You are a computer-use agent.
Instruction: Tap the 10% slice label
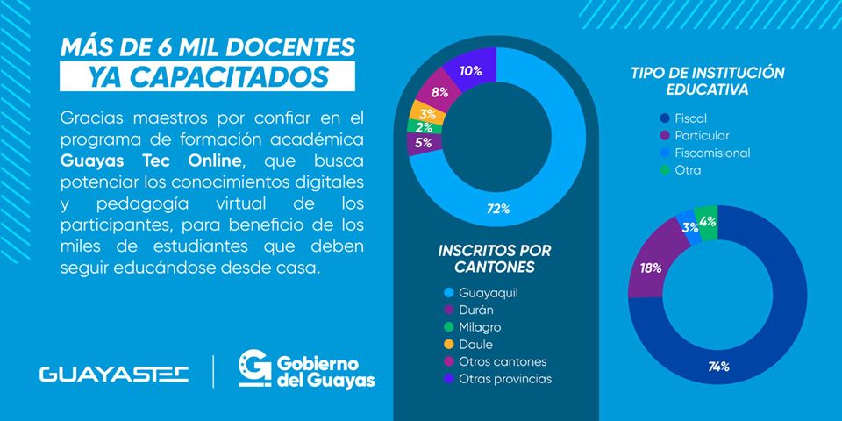(470, 70)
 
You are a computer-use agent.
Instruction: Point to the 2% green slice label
(425, 128)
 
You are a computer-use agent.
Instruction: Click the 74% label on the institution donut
(719, 367)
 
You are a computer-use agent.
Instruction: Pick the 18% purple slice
(651, 268)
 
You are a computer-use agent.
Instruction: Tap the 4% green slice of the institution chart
(708, 222)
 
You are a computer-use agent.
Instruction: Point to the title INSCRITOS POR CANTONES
(495, 258)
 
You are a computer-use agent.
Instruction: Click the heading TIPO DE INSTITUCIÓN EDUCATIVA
(707, 81)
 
